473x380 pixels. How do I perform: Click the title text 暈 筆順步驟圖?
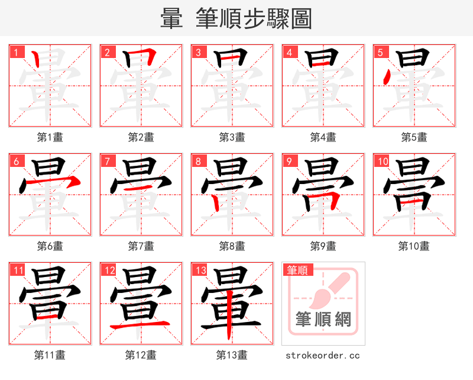pyautogui.click(x=236, y=19)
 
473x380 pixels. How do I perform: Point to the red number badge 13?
pyautogui.click(x=200, y=270)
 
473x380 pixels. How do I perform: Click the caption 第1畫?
pyautogui.click(x=50, y=137)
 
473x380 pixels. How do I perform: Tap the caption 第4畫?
pyautogui.click(x=323, y=137)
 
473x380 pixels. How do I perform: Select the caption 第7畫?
pyautogui.click(x=141, y=246)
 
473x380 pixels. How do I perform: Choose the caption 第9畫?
pyautogui.click(x=323, y=246)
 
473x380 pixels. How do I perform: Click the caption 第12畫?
pyautogui.click(x=141, y=355)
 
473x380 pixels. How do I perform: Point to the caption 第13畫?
pyautogui.click(x=232, y=355)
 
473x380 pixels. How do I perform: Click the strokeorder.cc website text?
pyautogui.click(x=323, y=355)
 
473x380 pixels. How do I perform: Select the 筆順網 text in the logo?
pyautogui.click(x=323, y=320)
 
